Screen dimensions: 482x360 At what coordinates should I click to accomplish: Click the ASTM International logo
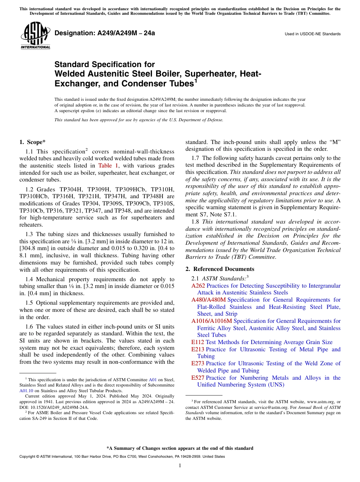pyautogui.click(x=35, y=36)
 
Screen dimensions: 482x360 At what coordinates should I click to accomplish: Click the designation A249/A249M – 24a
pyautogui.click(x=105, y=33)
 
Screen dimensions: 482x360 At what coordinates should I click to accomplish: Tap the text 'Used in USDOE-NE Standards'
pyautogui.click(x=313, y=34)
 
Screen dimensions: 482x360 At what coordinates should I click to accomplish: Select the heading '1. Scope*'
pyautogui.click(x=33, y=142)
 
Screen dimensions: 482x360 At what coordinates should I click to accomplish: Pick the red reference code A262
pyautogui.click(x=198, y=286)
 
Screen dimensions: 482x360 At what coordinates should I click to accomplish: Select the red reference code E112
pyautogui.click(x=197, y=342)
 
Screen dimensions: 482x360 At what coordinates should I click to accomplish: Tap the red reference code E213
pyautogui.click(x=197, y=349)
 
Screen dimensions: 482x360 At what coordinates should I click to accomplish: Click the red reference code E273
pyautogui.click(x=197, y=363)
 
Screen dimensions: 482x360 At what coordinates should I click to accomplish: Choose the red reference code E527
pyautogui.click(x=197, y=378)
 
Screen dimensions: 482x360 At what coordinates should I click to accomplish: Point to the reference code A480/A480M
pyautogui.click(x=208, y=300)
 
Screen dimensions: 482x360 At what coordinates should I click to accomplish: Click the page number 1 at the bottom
pyautogui.click(x=180, y=466)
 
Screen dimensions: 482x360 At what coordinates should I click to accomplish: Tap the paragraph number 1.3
pyautogui.click(x=30, y=235)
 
